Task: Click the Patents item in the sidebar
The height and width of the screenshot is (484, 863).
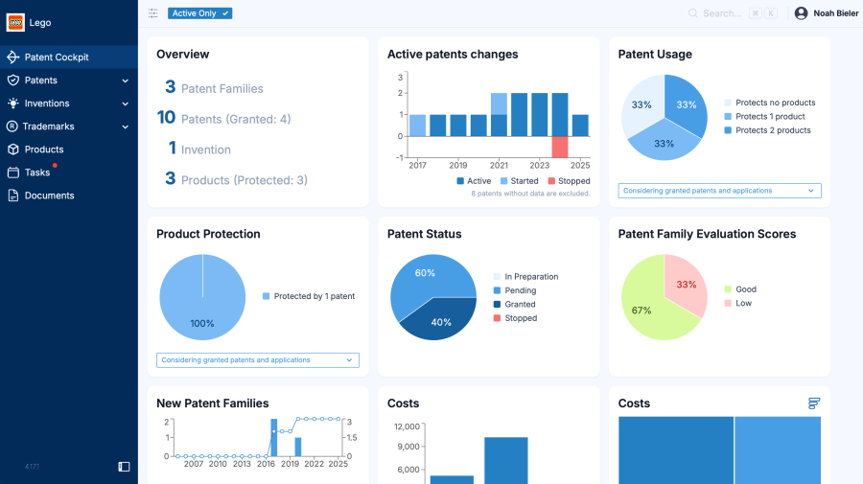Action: coord(41,81)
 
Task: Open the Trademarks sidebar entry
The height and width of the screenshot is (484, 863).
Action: coord(48,127)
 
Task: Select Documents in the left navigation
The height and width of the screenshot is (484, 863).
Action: coord(49,196)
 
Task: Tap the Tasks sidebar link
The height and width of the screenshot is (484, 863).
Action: coord(37,173)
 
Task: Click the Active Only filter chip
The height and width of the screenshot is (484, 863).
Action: coord(199,13)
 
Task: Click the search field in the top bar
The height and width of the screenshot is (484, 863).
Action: coord(724,13)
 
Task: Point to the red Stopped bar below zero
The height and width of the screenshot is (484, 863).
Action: coord(560,147)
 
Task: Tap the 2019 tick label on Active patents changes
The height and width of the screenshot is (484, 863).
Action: coord(458,166)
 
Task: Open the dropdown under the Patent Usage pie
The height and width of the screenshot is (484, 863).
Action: coord(719,191)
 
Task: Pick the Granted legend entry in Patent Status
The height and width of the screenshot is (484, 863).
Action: coord(519,305)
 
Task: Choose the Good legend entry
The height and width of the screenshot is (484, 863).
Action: coord(745,289)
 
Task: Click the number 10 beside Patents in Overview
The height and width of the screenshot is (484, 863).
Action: coord(166,118)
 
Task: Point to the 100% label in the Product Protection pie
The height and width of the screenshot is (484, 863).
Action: coord(202,323)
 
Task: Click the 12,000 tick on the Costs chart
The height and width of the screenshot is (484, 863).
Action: coord(407,426)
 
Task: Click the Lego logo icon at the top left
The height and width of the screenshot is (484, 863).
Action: coord(15,22)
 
